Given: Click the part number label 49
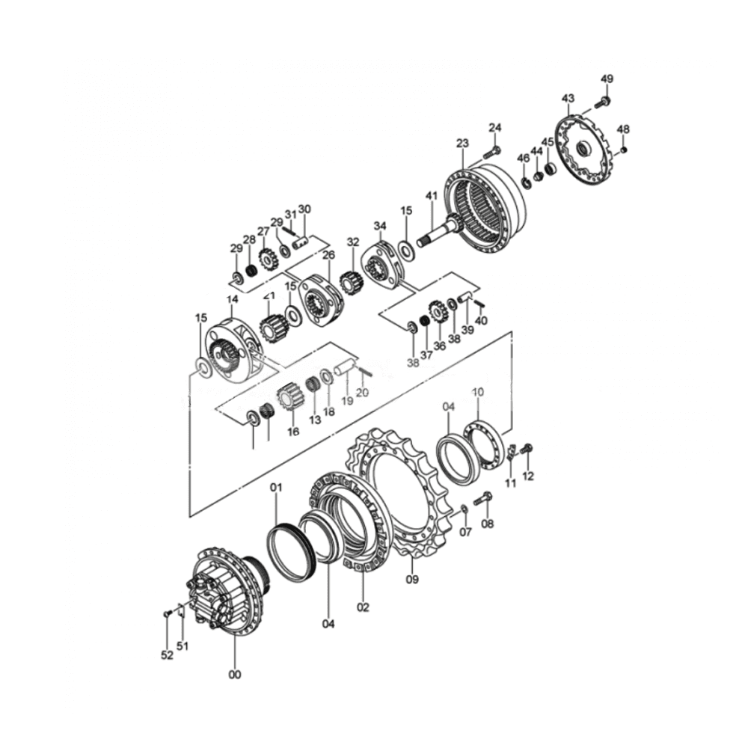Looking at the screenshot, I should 607,79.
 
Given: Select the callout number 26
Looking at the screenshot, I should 328,255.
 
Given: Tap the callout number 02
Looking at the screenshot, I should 363,607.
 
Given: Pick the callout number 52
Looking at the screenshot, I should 167,655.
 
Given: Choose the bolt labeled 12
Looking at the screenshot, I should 527,449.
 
